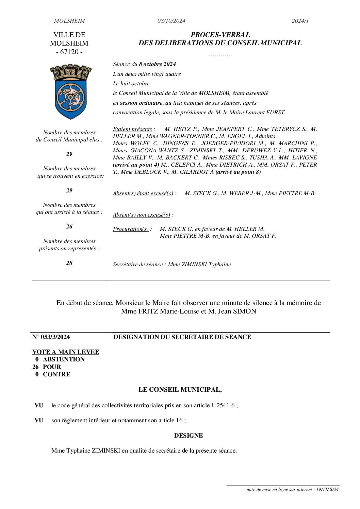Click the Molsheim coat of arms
coord(71,91)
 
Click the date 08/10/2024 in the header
coord(171,21)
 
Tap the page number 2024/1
coord(300,21)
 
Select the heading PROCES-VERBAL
coord(220,35)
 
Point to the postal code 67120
coord(69,52)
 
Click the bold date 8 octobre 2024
coord(157,64)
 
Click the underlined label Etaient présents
coord(132,129)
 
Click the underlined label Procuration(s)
coord(131,229)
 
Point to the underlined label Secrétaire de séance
coord(138,265)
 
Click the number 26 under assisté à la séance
coord(69,227)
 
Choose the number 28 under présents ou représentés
coord(69,263)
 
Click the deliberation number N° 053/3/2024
coord(51,337)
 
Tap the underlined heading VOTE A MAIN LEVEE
coord(66,352)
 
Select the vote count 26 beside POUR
coord(36,367)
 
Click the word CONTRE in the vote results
coord(56,374)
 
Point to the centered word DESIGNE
coord(189,436)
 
